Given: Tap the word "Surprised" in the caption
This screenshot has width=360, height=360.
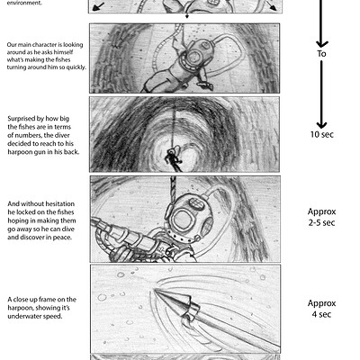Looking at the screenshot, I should [22, 119].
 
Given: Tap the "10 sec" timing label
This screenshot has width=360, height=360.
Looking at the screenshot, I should [320, 135].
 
